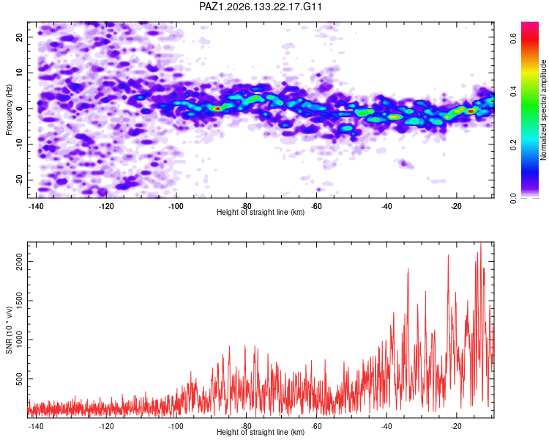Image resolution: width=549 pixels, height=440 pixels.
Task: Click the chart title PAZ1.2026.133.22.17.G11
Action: coord(260,7)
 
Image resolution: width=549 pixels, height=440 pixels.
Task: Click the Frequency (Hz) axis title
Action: coord(9,110)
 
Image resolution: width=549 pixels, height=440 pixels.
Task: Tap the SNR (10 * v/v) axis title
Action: coord(9,330)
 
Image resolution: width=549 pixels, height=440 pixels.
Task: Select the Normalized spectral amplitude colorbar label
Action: coord(543,110)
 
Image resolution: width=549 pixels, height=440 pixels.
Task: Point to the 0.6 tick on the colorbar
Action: coord(513,38)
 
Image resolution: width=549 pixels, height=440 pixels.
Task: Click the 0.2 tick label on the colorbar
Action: coord(513,144)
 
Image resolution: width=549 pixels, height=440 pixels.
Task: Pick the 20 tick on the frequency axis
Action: coord(19,37)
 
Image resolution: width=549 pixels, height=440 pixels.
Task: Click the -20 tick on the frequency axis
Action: coord(19,180)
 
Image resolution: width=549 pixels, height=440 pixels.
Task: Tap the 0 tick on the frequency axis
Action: coord(19,109)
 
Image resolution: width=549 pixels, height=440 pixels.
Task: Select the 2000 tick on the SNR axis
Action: coord(19,261)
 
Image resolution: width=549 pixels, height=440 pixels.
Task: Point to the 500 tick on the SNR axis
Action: coord(19,379)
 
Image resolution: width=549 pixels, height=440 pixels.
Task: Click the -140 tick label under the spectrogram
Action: coord(36,206)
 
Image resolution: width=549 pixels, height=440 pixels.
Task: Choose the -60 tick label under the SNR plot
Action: coord(316,426)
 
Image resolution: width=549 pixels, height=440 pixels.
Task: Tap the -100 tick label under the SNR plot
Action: coord(176,426)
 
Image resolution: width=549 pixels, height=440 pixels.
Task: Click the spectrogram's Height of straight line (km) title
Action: coord(261,212)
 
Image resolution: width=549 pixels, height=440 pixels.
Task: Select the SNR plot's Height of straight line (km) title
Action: coord(261,432)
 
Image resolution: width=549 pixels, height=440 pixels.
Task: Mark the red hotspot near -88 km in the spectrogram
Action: coord(217,109)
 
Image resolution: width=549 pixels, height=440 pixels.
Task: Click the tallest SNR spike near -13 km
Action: coord(481,243)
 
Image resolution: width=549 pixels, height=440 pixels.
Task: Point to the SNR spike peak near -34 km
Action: coord(408,269)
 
